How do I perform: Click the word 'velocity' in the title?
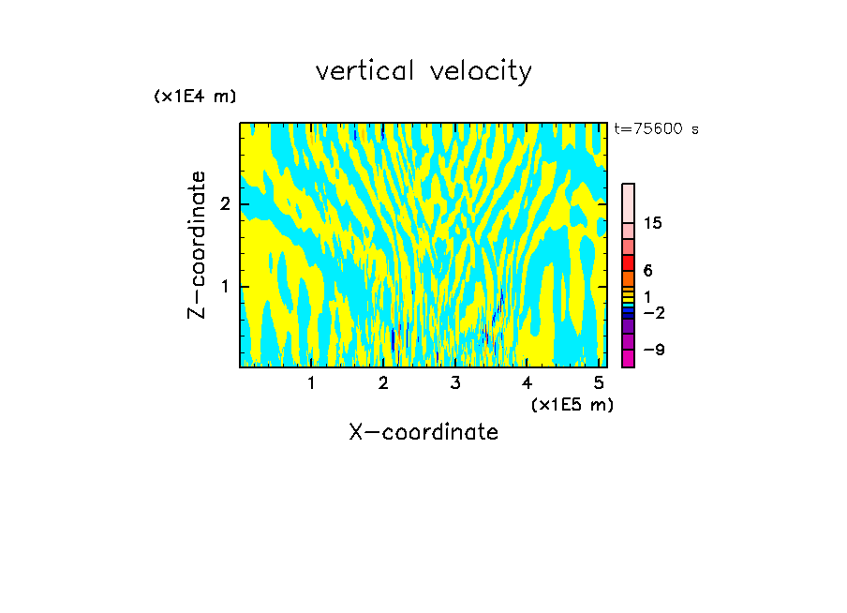click(481, 72)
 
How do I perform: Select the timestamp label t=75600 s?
click(656, 129)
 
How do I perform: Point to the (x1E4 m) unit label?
click(195, 97)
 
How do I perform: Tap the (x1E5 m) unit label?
click(572, 404)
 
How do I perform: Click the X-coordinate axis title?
click(423, 432)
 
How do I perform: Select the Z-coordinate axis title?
click(197, 245)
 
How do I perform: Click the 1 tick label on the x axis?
click(311, 383)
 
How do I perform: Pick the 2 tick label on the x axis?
click(383, 383)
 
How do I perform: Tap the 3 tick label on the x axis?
click(455, 383)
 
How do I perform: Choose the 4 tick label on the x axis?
click(528, 383)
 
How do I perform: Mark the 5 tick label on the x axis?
click(599, 383)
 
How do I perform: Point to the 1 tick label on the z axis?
click(225, 286)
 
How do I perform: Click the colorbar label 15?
click(653, 223)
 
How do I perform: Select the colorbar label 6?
click(648, 271)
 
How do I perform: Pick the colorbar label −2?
click(654, 312)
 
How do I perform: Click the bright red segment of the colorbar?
click(629, 262)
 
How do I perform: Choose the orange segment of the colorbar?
click(629, 278)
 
